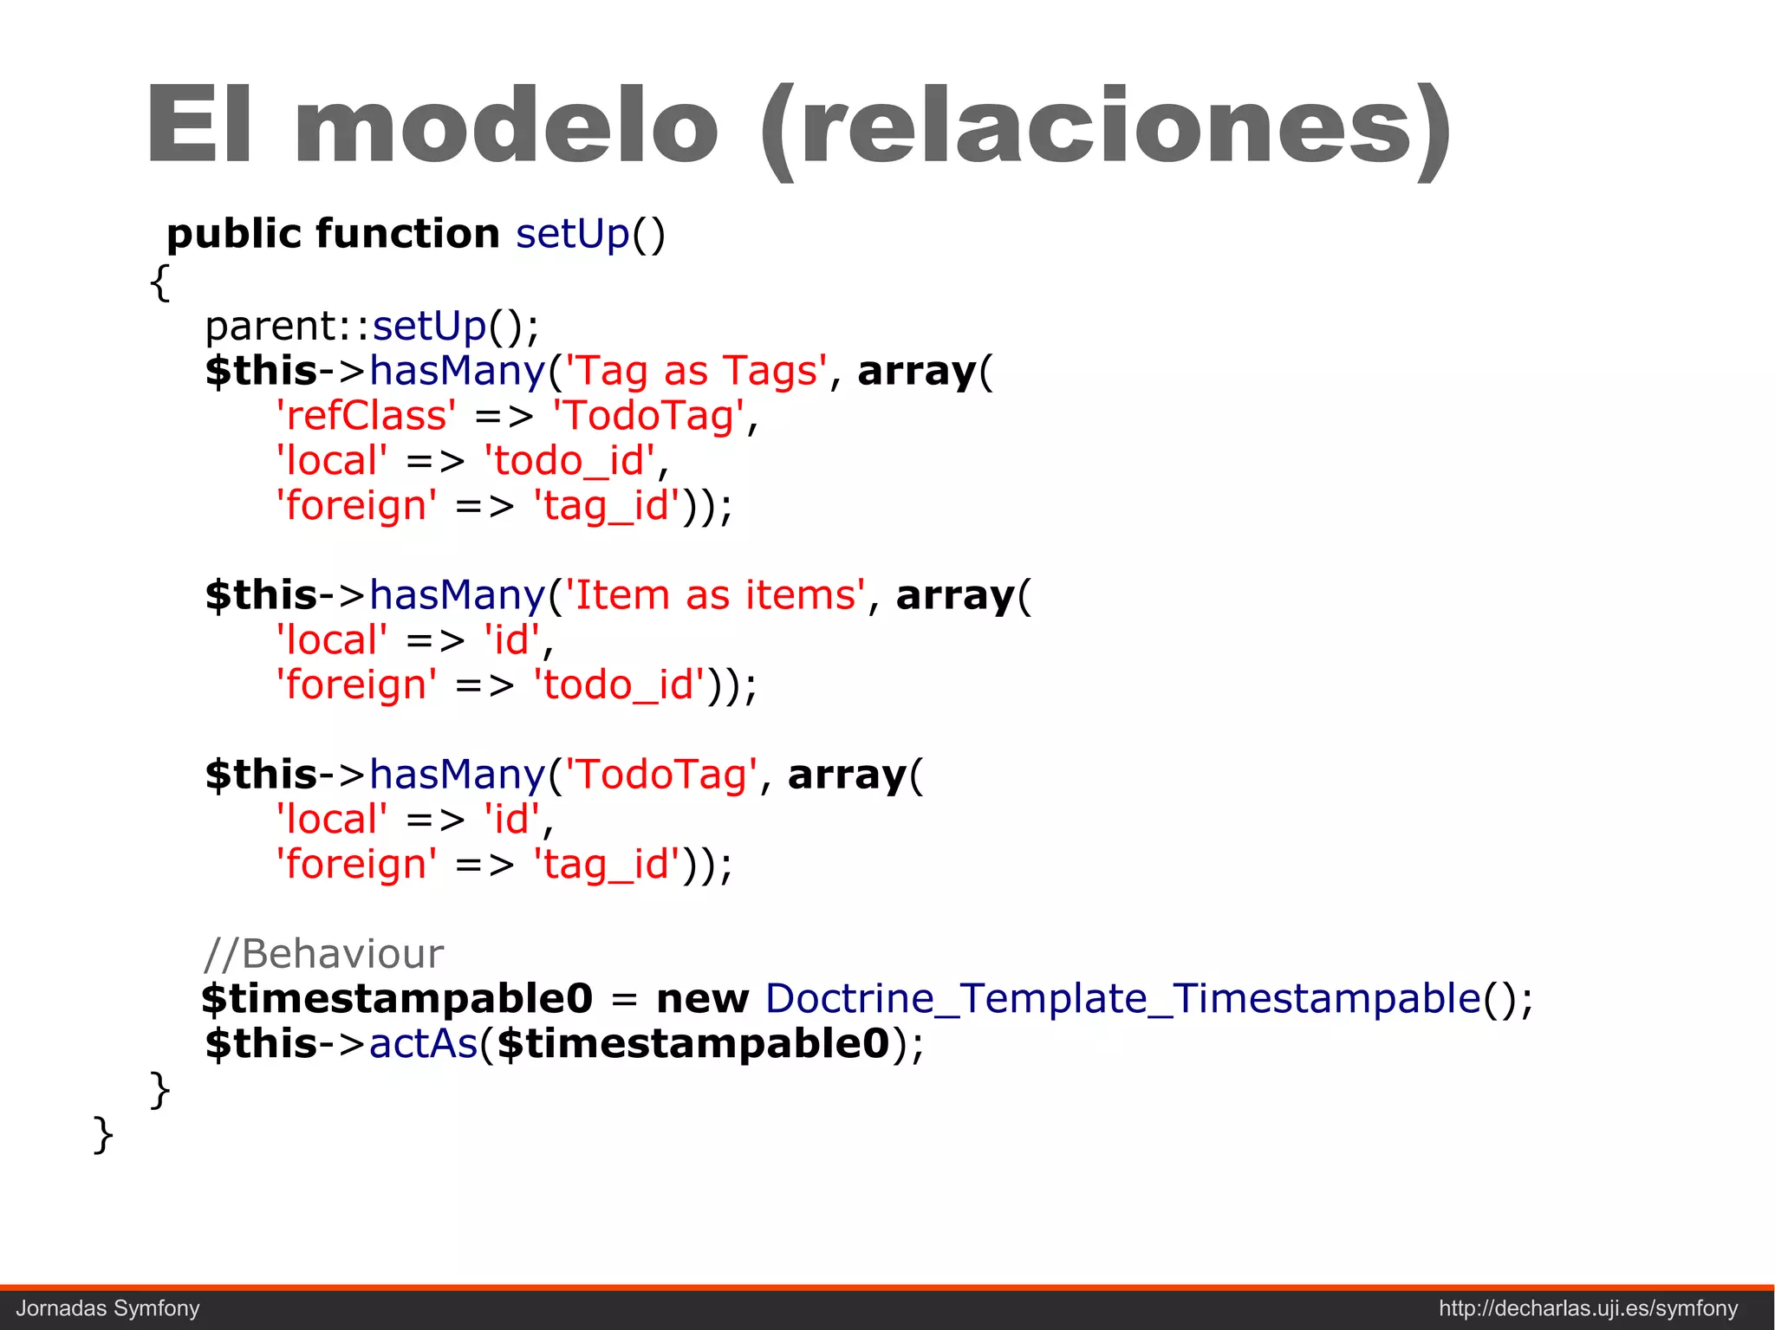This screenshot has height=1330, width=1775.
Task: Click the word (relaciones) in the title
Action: coord(1105,130)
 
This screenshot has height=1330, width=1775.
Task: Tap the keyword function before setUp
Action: coord(407,234)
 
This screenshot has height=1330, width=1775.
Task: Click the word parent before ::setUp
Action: coord(270,327)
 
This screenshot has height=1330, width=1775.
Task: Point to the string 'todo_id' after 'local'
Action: coord(569,461)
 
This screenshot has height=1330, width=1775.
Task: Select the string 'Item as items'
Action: coord(715,595)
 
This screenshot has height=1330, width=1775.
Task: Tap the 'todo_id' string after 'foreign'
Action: coord(619,685)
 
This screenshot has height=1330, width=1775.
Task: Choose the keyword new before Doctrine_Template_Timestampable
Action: coord(702,999)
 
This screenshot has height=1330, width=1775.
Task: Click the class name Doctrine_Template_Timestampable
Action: coord(1122,999)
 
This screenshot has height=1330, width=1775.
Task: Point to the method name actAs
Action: coord(424,1044)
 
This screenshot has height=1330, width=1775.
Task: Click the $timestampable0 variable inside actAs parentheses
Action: coord(693,1044)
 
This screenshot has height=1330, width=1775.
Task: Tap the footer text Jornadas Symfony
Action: coord(108,1308)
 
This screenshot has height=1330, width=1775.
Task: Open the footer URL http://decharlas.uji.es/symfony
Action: coord(1588,1308)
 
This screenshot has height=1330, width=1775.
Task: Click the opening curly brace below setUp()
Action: coord(159,282)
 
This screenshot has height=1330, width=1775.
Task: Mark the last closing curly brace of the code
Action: coord(102,1134)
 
